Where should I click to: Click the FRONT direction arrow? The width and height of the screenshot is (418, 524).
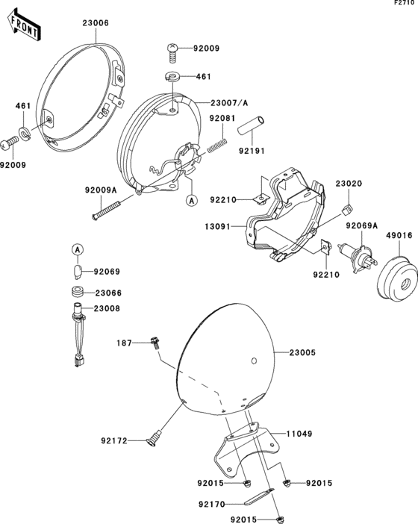pyautogui.click(x=23, y=25)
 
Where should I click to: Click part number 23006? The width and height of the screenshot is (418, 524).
pyautogui.click(x=96, y=23)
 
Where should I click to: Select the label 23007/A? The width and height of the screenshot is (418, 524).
pyautogui.click(x=229, y=103)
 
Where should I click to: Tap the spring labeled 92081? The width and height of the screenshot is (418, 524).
pyautogui.click(x=217, y=146)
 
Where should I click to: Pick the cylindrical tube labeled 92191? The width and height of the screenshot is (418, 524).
pyautogui.click(x=251, y=125)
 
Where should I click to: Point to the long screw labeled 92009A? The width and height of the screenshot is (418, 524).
pyautogui.click(x=106, y=209)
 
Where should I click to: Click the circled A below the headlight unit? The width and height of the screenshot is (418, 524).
pyautogui.click(x=192, y=201)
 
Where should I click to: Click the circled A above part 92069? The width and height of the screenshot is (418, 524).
pyautogui.click(x=78, y=249)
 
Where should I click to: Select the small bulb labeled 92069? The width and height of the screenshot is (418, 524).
pyautogui.click(x=78, y=272)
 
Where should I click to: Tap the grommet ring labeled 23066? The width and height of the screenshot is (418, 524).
pyautogui.click(x=78, y=291)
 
